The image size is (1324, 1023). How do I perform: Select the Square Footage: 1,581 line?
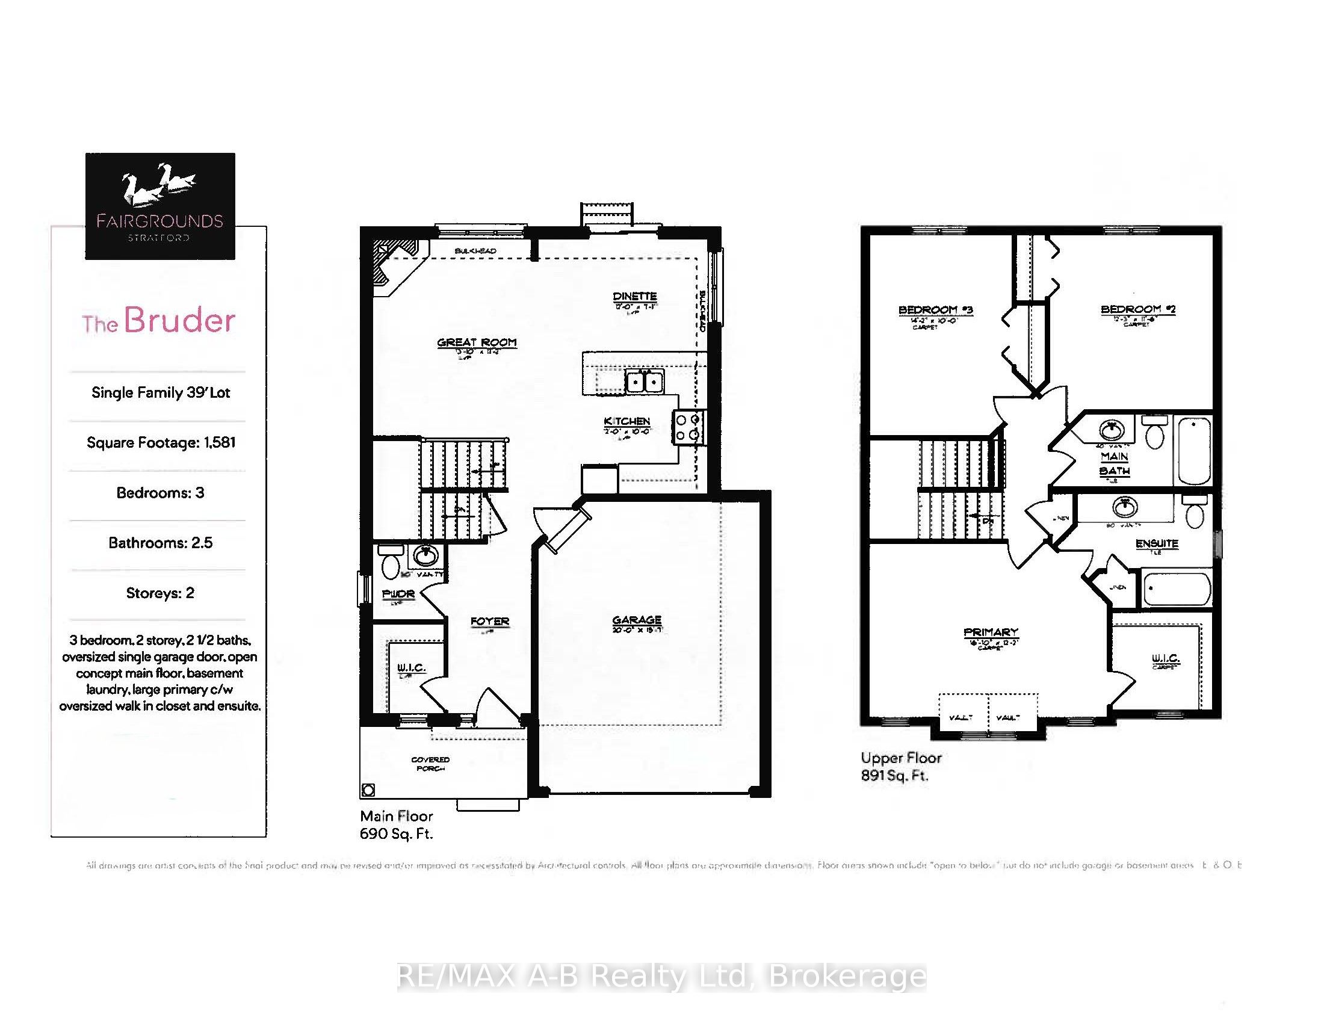click(x=161, y=442)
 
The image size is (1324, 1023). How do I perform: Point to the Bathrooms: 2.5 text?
click(x=161, y=543)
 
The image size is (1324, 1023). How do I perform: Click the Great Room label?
click(x=477, y=343)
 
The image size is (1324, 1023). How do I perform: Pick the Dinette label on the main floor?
click(x=634, y=296)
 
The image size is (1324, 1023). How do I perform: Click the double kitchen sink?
click(x=643, y=382)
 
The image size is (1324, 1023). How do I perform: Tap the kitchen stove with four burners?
click(x=688, y=427)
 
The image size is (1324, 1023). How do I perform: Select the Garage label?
click(x=637, y=620)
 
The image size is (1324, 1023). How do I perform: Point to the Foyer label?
click(x=490, y=622)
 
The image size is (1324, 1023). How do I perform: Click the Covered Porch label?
click(x=430, y=764)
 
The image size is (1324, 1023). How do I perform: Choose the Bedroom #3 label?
click(x=935, y=311)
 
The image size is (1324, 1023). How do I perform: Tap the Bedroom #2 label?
click(x=1138, y=310)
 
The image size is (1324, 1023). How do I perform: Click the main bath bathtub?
click(x=1193, y=450)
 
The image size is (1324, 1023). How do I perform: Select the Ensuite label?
click(x=1157, y=543)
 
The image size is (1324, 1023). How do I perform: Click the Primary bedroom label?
click(x=991, y=632)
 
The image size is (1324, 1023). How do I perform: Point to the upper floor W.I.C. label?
click(x=1165, y=658)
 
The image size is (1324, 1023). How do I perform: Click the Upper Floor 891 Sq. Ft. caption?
click(x=901, y=766)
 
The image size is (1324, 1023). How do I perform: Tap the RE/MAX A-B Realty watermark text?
click(x=661, y=976)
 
